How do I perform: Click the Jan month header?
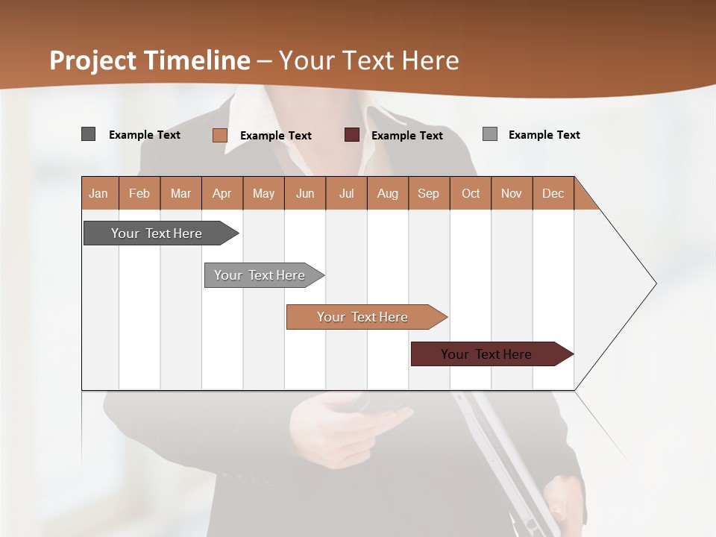pos(98,193)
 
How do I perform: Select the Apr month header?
pos(222,193)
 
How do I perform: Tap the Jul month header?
pos(346,193)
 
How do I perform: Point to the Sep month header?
pos(428,193)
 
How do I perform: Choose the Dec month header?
pos(553,193)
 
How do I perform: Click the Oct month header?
pos(471,193)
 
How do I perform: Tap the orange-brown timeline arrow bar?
pos(363,317)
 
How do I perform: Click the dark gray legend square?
pos(88,134)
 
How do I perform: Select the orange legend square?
pos(219,135)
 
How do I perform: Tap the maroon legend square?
pos(352,135)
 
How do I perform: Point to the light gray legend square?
pos(489,134)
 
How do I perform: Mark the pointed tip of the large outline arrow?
pos(655,283)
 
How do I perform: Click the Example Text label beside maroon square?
pos(406,135)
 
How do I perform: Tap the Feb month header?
pos(139,193)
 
